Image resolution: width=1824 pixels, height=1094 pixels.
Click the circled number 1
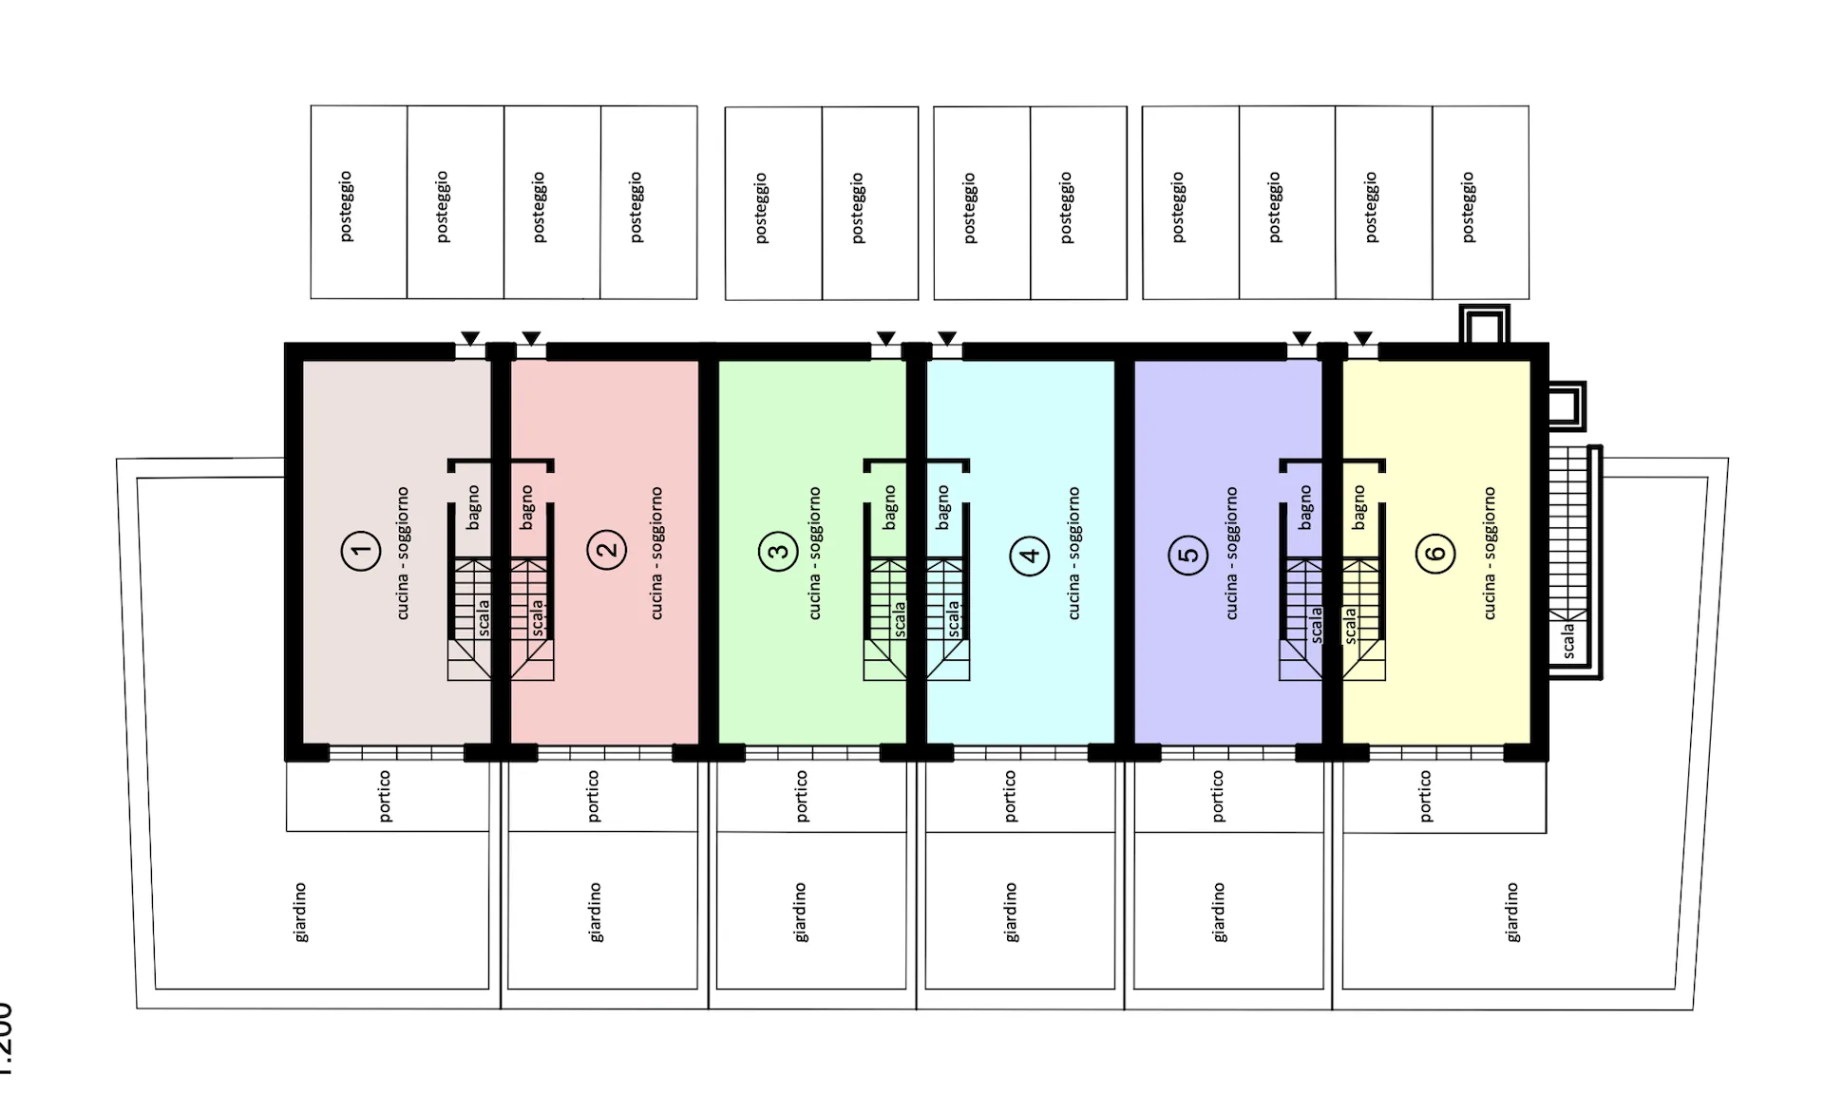click(x=360, y=551)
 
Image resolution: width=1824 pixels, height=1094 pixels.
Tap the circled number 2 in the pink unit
click(x=606, y=549)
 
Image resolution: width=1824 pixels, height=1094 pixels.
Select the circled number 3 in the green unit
click(x=778, y=552)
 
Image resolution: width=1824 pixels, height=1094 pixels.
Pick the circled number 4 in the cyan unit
click(x=1029, y=555)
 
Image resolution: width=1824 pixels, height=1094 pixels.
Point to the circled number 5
click(x=1187, y=555)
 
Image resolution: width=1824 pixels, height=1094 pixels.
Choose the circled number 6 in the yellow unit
click(x=1435, y=553)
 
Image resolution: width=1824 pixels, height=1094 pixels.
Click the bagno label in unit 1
click(x=473, y=507)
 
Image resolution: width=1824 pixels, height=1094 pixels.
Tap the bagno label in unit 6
click(x=1358, y=507)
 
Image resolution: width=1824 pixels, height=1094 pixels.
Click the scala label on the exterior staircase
click(x=1567, y=641)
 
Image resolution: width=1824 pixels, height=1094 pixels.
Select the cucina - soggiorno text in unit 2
click(x=655, y=554)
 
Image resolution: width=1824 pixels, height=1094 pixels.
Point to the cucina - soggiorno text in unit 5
click(x=1231, y=554)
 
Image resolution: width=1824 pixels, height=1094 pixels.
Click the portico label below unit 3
click(x=802, y=796)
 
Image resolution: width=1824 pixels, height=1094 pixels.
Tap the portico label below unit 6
click(x=1425, y=796)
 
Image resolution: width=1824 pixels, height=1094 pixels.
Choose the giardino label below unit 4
click(x=1011, y=913)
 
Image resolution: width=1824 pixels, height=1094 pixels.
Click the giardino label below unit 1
click(x=300, y=913)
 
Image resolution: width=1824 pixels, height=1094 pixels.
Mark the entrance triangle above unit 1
click(x=470, y=338)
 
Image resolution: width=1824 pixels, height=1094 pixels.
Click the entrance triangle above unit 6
click(x=1362, y=338)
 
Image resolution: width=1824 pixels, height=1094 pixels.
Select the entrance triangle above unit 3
click(x=885, y=338)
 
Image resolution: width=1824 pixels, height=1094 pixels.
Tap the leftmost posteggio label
click(x=346, y=206)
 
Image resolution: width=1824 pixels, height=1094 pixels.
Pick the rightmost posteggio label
click(x=1469, y=207)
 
